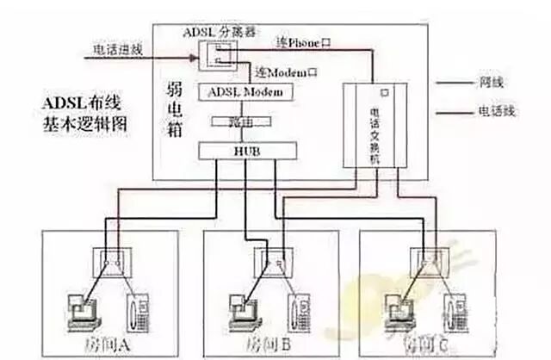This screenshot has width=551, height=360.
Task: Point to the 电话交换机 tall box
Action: [x=374, y=126]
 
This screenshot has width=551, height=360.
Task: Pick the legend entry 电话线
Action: [x=495, y=111]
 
